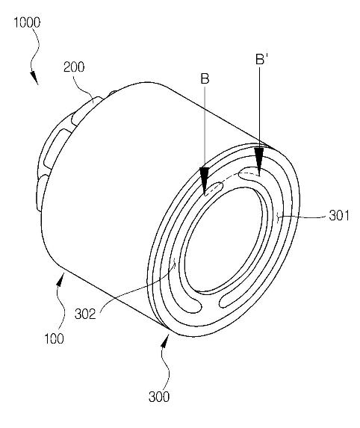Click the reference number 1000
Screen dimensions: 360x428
[x=27, y=22]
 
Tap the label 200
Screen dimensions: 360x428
[x=74, y=67]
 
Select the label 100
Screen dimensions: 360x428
[x=54, y=339]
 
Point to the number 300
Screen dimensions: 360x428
[x=159, y=397]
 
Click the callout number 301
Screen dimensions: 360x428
[x=339, y=216]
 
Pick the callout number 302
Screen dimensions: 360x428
[x=85, y=314]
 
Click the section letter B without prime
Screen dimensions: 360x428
[x=205, y=78]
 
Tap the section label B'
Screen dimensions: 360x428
[x=261, y=59]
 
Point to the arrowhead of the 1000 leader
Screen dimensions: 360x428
[x=34, y=78]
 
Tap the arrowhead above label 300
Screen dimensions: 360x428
[x=165, y=341]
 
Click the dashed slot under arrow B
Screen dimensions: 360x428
[x=214, y=189]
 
